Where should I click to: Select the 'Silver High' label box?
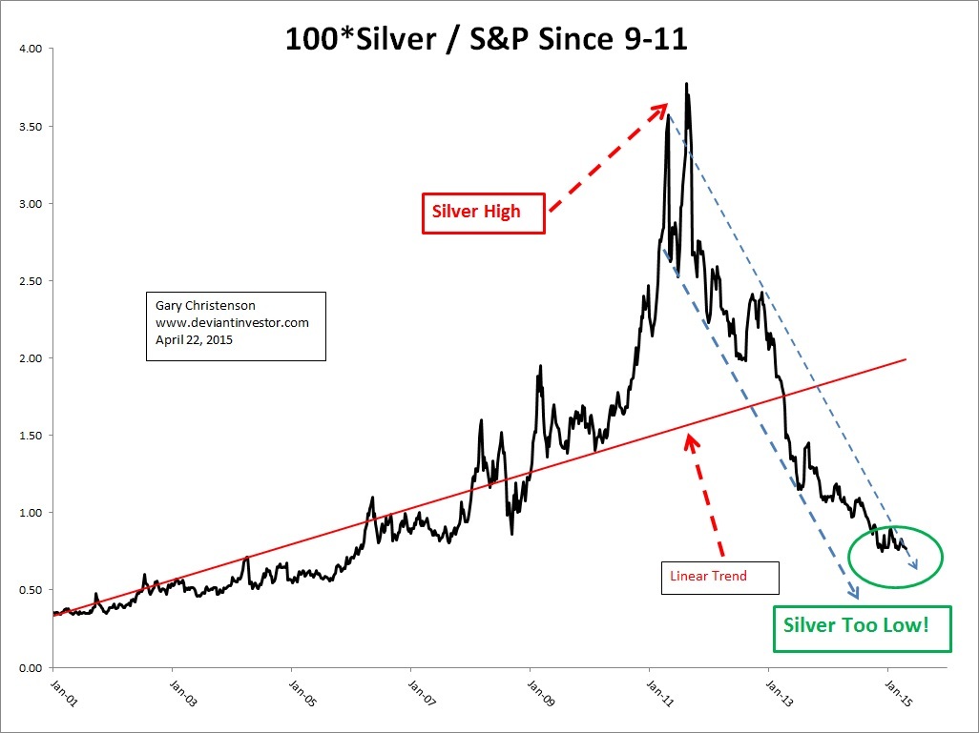tap(484, 212)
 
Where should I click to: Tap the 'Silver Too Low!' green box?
tap(863, 627)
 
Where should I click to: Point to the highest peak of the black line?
tap(687, 84)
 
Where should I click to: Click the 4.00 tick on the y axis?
tap(32, 49)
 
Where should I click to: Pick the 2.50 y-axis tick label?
tap(32, 281)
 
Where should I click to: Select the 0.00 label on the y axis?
tap(32, 667)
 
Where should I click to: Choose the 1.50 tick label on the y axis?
tap(32, 436)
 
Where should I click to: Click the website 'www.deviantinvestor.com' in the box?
tap(232, 323)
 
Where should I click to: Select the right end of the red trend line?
tap(905, 359)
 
